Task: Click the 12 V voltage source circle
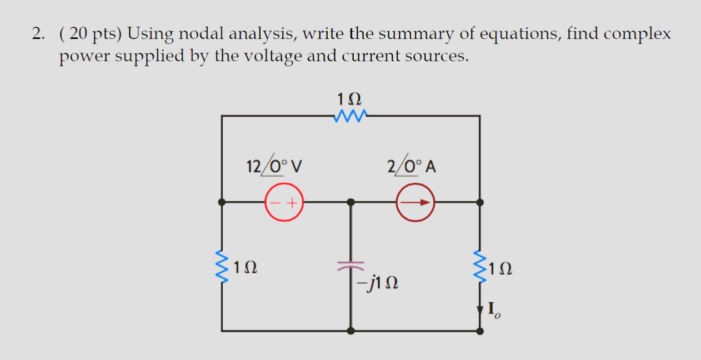(x=284, y=202)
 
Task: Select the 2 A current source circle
(x=415, y=202)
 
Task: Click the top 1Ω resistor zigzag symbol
(x=350, y=116)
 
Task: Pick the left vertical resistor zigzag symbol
(x=222, y=267)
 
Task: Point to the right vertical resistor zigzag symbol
(x=480, y=267)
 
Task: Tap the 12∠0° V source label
(x=274, y=166)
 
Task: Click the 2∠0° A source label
(x=411, y=166)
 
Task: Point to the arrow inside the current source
(x=417, y=202)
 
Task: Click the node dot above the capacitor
(x=350, y=202)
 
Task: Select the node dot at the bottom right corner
(x=480, y=331)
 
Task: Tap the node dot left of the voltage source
(x=222, y=202)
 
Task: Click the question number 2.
(x=36, y=34)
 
